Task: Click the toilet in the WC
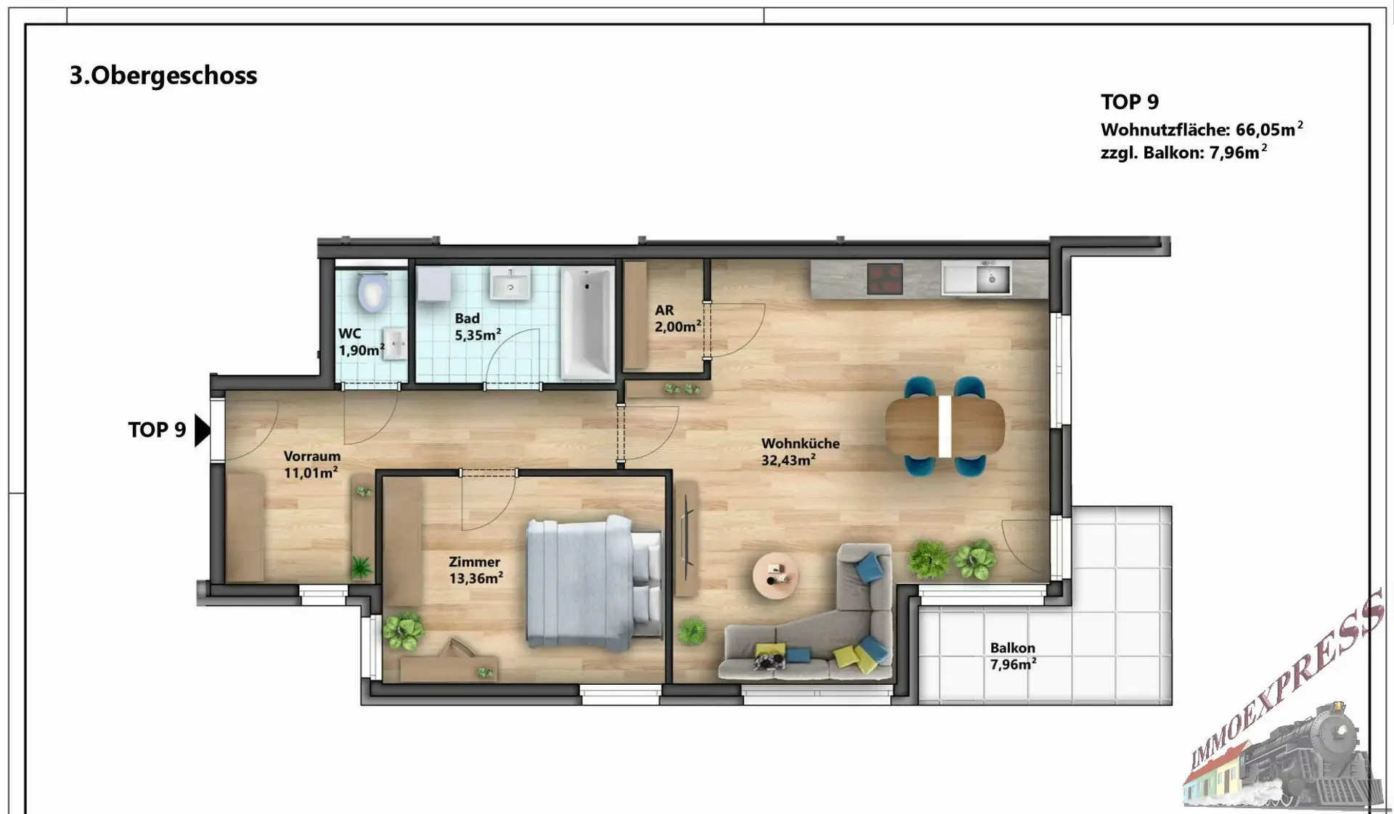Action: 372,292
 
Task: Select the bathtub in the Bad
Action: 587,322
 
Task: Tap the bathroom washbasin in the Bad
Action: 510,283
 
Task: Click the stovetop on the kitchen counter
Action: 885,279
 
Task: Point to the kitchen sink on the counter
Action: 977,278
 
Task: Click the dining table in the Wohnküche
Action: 945,427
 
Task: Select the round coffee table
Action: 775,576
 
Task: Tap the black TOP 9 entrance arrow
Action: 203,430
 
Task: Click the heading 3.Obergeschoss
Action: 163,76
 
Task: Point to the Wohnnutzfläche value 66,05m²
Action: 1270,129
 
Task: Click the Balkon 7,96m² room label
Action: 1013,656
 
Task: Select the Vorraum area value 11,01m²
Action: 311,473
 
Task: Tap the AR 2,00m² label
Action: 678,318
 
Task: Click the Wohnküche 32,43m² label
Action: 800,451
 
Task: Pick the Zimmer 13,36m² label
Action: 476,570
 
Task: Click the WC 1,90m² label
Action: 361,342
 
